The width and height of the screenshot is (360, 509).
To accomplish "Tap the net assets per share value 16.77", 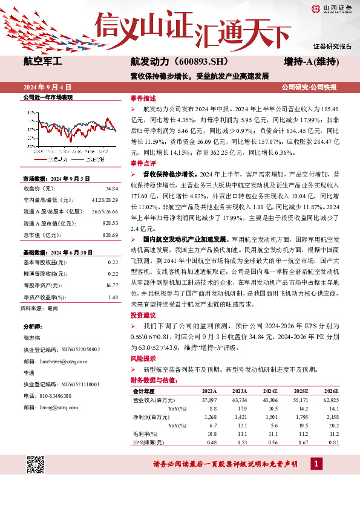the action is (x=111, y=284).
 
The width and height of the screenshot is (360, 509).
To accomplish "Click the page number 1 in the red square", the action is (x=315, y=464).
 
